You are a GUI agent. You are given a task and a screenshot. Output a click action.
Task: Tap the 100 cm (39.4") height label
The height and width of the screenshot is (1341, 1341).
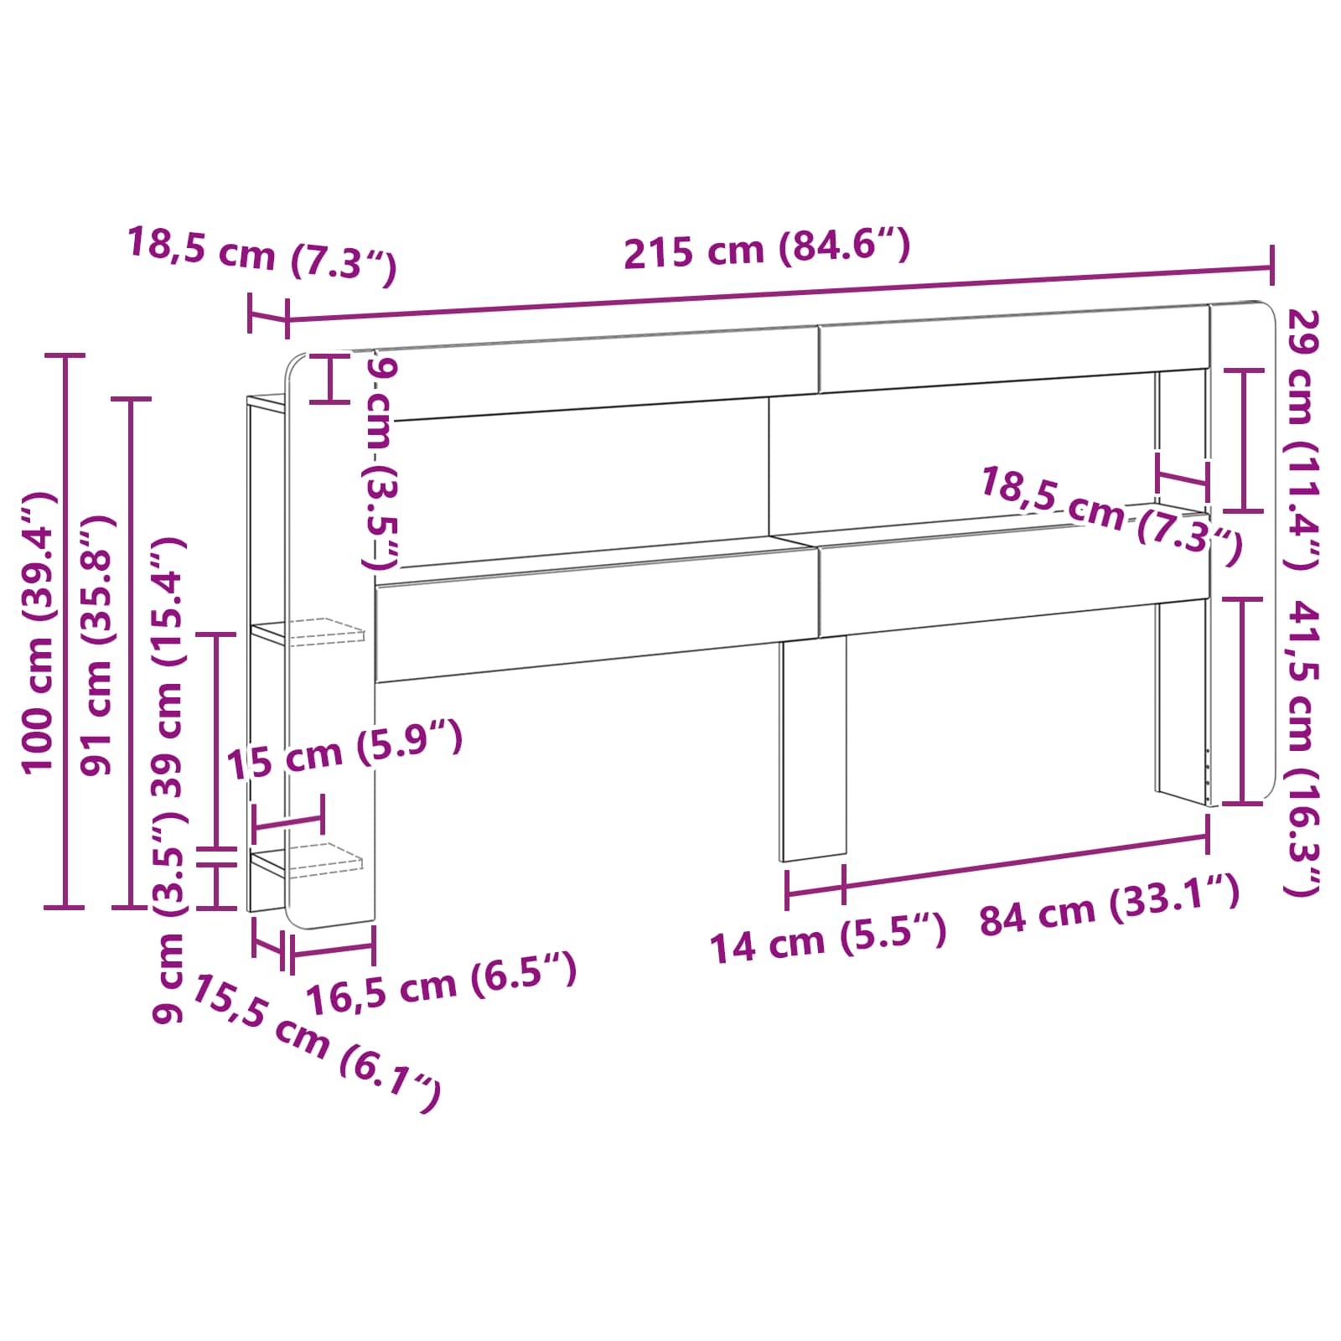39,634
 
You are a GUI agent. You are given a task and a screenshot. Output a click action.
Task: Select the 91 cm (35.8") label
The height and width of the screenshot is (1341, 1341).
97,645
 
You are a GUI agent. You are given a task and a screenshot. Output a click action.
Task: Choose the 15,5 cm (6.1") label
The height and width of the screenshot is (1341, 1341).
316,1043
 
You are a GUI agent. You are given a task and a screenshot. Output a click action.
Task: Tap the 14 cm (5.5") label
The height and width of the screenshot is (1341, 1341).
828,939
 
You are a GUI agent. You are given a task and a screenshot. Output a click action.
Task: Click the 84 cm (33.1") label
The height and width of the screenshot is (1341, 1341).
1109,907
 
